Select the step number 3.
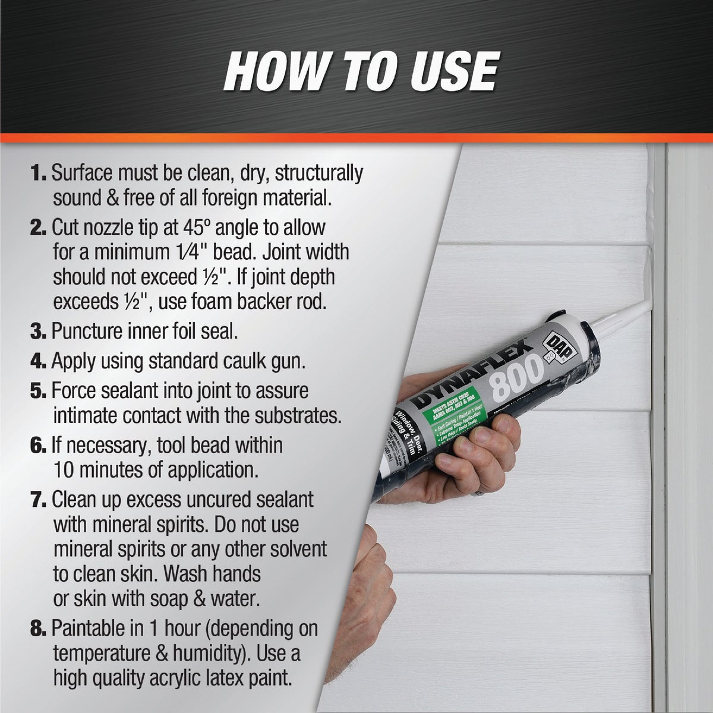(39, 331)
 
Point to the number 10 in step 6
(64, 471)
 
